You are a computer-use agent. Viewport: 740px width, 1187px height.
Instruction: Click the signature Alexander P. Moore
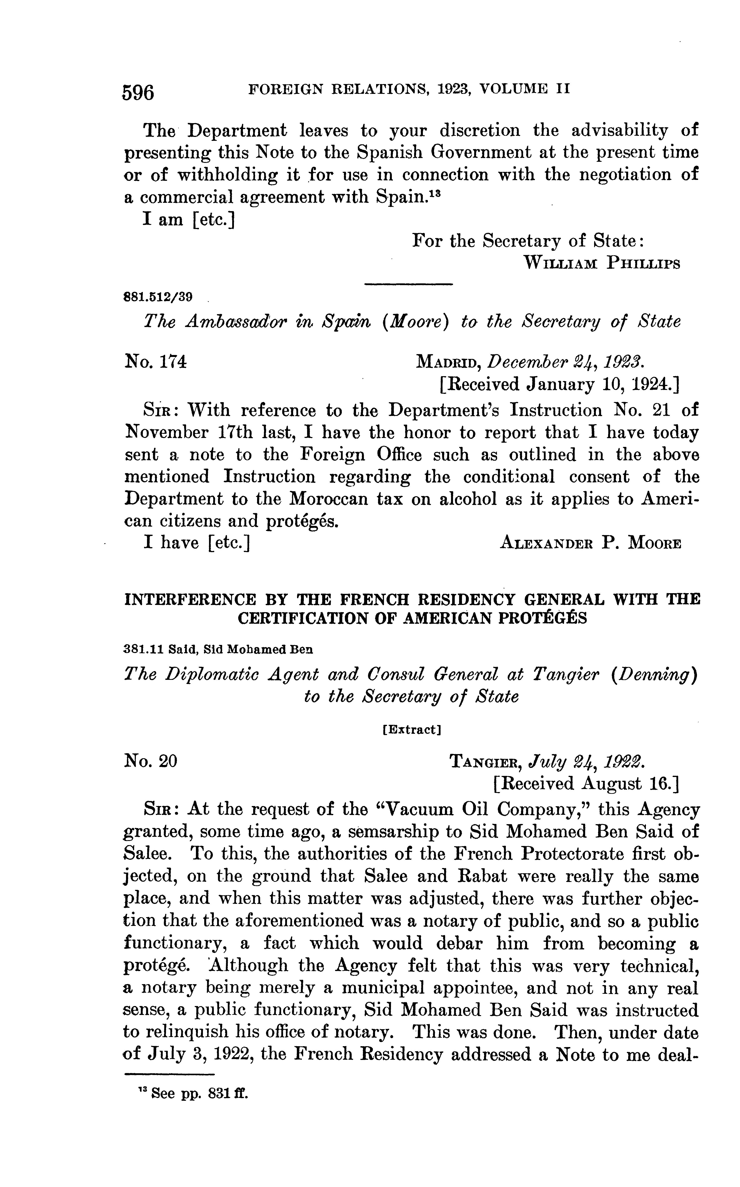[x=590, y=543]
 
